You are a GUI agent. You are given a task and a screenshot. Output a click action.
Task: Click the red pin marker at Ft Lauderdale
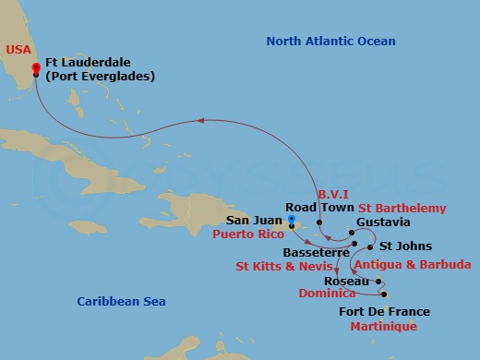coord(36,68)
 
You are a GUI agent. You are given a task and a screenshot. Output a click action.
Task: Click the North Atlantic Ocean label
coord(330,42)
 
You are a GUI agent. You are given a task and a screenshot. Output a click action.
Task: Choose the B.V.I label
coord(331,196)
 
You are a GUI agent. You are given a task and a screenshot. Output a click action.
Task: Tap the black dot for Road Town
coord(319,222)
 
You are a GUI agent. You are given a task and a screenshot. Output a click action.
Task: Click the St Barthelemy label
coord(403,209)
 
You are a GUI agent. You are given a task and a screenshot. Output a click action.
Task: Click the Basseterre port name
coord(309,252)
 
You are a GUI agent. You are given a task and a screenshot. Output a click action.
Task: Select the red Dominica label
coord(328,293)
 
